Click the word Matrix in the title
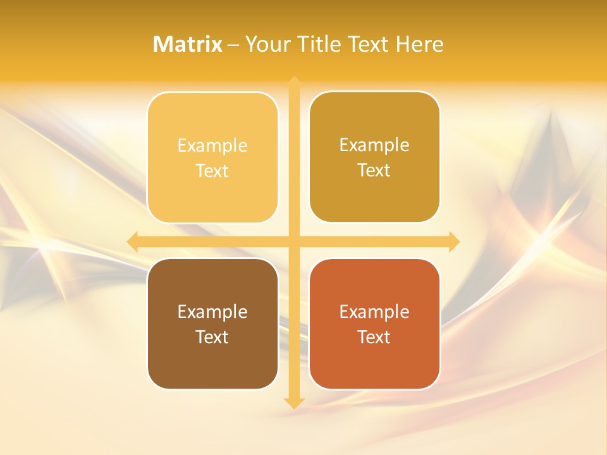[188, 44]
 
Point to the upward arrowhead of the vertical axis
[294, 82]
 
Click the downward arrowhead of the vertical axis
[294, 403]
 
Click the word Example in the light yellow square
[212, 146]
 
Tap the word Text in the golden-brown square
[374, 171]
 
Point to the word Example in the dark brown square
[212, 312]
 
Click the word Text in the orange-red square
[374, 337]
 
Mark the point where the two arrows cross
[294, 241]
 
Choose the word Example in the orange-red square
[374, 312]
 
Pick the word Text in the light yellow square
[212, 171]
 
